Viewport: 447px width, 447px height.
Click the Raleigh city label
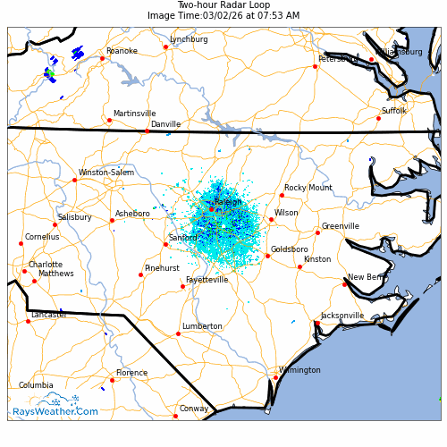227,203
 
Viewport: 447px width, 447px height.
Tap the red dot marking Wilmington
275,377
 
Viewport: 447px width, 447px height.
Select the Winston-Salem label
105,173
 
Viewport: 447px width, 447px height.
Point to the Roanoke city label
122,51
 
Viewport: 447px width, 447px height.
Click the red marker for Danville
148,131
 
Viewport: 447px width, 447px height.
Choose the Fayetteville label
207,280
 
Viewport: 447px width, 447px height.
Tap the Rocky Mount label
308,188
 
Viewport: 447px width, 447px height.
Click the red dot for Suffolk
378,118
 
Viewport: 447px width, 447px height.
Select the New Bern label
367,277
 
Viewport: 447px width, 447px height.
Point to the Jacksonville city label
342,316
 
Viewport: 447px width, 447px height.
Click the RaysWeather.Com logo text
55,412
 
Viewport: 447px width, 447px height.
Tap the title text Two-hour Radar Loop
223,5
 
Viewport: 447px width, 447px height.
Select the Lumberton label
202,326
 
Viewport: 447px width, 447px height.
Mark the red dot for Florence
112,380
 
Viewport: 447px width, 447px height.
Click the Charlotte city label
46,265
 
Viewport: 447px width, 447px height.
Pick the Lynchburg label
189,39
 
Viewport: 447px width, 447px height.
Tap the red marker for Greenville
317,232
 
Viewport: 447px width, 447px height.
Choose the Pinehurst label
162,268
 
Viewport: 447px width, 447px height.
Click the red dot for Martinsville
109,120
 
